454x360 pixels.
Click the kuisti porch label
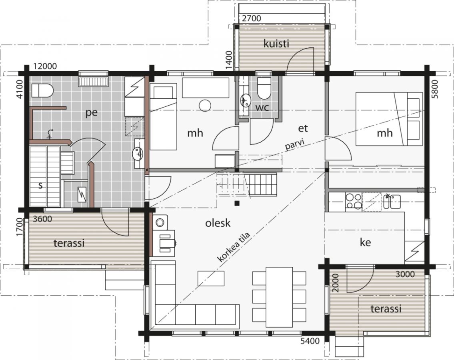click(x=276, y=44)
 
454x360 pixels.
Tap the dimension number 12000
click(x=45, y=66)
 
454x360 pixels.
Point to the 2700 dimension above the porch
click(x=251, y=18)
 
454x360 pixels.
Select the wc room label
click(x=262, y=108)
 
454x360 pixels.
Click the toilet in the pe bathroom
click(x=42, y=90)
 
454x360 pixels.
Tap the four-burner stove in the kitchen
click(x=353, y=201)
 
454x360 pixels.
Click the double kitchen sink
click(x=392, y=202)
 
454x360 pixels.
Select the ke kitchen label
click(x=366, y=242)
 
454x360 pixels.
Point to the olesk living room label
click(x=218, y=223)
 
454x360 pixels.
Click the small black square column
click(x=237, y=203)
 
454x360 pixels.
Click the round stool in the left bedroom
click(x=205, y=106)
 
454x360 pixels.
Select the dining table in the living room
click(x=279, y=296)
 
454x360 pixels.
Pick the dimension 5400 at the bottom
click(x=310, y=341)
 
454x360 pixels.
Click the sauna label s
click(x=40, y=185)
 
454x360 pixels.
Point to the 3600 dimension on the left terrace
click(x=42, y=219)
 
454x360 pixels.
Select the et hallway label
click(x=303, y=128)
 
